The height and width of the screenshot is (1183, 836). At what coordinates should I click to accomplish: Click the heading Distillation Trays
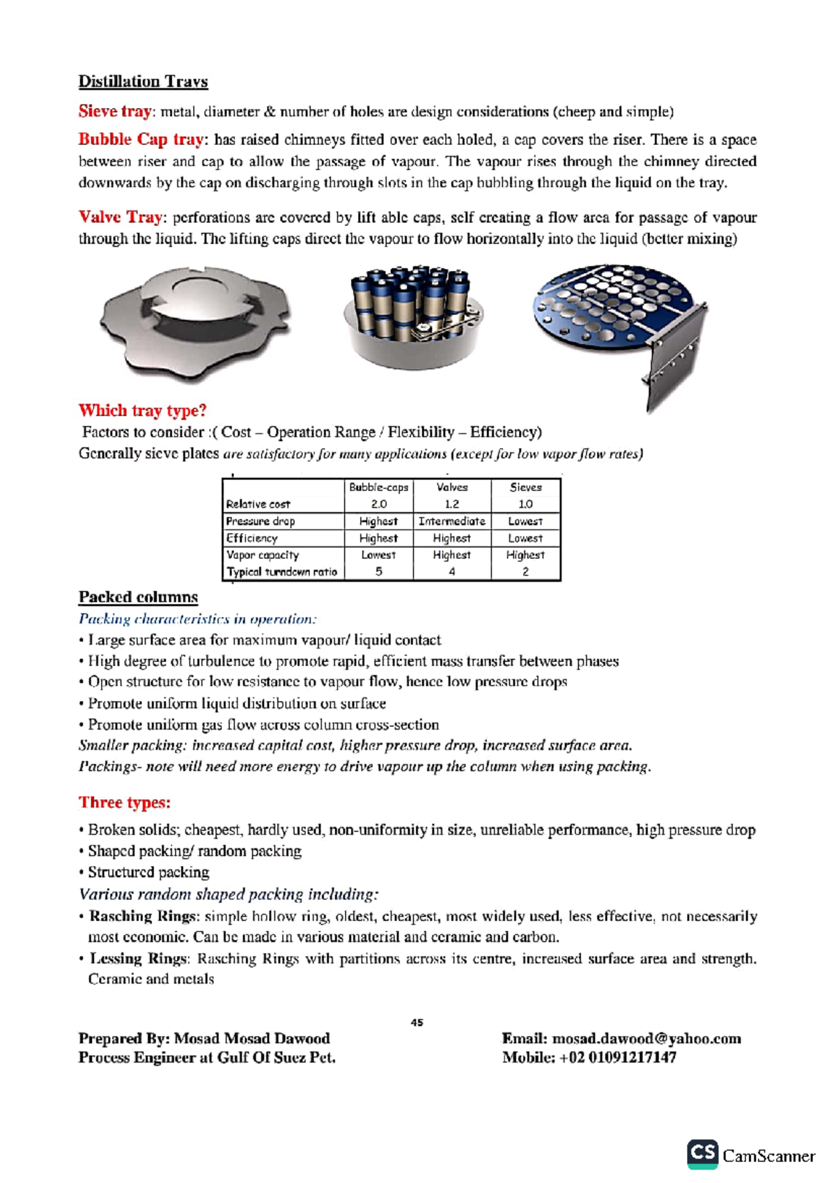coord(143,82)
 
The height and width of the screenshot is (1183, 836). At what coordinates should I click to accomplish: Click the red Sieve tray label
coord(114,111)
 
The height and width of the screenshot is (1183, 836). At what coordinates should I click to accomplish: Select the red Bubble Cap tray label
coord(141,139)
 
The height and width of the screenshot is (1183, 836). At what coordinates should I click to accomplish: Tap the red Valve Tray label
coord(121,217)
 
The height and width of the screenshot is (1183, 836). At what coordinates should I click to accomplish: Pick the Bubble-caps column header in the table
coord(378,487)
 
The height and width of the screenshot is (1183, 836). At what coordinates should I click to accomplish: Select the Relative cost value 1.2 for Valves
coord(451,504)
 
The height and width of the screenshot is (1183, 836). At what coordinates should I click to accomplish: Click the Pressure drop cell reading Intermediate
coord(451,521)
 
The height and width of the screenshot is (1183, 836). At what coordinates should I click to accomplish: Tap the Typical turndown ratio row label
coord(281,572)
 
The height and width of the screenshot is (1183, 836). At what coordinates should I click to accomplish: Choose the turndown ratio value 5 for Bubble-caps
coord(378,571)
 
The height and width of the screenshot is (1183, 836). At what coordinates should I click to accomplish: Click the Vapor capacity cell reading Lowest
coord(378,555)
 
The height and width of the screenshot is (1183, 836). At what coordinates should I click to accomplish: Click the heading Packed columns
coord(138,597)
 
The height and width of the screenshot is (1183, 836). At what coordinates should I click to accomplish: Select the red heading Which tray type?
coord(142,410)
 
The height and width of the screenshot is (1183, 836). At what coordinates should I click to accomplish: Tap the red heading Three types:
coord(124,803)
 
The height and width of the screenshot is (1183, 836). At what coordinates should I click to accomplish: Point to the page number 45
coord(417,1023)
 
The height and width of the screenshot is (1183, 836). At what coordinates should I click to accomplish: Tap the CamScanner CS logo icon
coord(702,1154)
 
